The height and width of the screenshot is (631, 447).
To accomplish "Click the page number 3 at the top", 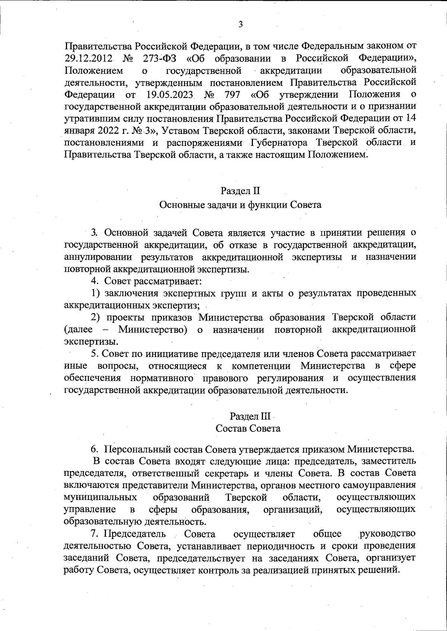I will (240, 25).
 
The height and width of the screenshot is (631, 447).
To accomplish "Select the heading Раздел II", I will (240, 191).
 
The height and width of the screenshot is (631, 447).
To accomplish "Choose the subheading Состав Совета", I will (248, 428).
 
